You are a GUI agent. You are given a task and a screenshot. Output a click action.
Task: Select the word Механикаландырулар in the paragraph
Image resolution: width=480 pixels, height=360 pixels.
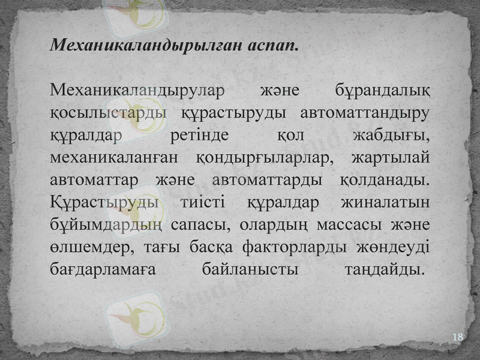coord(137,91)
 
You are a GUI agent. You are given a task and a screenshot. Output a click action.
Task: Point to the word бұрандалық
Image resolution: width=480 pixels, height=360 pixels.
coord(381,91)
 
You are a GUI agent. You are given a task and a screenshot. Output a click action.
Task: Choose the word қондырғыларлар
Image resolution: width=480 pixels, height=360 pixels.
coord(263,157)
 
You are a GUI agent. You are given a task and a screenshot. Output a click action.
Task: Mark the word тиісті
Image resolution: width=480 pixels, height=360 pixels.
coord(202,202)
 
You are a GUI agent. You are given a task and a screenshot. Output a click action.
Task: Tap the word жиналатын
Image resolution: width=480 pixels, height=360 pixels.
coord(385,202)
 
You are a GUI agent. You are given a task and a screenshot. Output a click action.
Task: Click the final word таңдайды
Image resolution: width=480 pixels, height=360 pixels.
coord(386,268)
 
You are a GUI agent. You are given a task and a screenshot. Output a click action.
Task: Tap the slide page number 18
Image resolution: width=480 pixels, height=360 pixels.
coord(457,337)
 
